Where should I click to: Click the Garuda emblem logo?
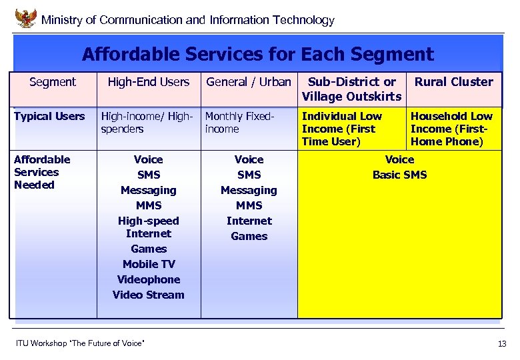26,18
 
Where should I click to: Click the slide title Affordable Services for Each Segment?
257,53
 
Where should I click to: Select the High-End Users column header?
149,82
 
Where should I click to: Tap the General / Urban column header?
249,82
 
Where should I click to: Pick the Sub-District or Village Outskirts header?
351,89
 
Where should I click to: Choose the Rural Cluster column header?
454,82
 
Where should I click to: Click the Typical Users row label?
49,117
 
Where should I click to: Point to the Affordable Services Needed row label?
41,172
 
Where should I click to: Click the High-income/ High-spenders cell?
148,123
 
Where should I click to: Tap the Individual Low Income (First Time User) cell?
342,129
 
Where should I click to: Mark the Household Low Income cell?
451,129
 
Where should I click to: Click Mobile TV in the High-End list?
149,264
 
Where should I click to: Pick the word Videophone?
149,279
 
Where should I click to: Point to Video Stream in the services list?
149,295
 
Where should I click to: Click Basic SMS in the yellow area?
399,175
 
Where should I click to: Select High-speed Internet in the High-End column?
149,227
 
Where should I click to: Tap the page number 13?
502,344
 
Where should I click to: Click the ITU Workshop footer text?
80,343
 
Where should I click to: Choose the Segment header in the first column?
53,82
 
